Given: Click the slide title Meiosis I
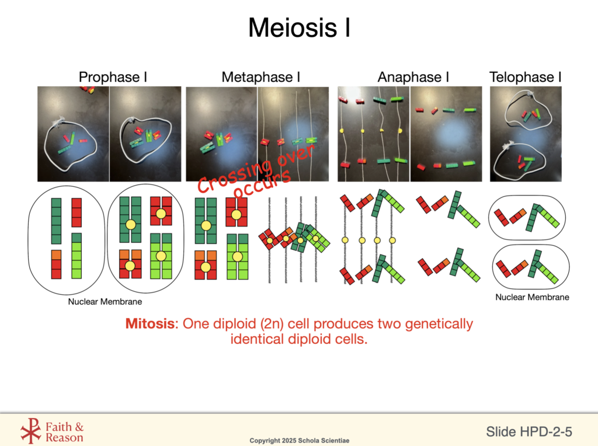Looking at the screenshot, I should tap(299, 27).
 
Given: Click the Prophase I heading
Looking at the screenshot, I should tap(109, 77).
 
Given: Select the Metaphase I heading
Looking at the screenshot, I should tap(261, 77).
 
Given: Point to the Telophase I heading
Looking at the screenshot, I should tap(525, 77).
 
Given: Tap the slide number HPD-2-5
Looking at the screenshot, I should tap(544, 432).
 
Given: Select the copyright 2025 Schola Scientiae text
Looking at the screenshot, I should tap(299, 440).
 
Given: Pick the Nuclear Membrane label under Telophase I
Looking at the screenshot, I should tap(532, 297).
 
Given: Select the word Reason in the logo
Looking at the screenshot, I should tap(65, 437).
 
